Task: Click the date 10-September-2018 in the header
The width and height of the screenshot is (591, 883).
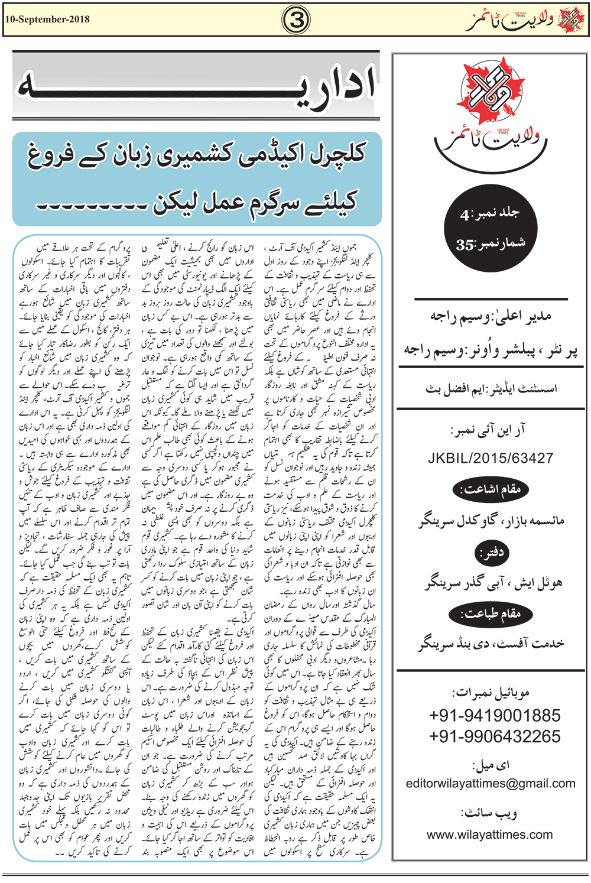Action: point(47,20)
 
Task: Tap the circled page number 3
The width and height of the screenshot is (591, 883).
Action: point(296,20)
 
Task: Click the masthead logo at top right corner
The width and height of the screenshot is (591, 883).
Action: point(525,20)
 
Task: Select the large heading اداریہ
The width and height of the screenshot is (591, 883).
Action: point(195,86)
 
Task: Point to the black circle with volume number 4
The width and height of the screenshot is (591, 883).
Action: point(490,228)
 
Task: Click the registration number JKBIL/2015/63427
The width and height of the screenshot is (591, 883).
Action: point(490,458)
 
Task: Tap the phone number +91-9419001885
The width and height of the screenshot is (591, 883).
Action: point(494,716)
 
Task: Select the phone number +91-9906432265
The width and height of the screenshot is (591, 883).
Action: point(494,736)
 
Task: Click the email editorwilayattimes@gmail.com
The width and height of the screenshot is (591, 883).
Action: point(490,784)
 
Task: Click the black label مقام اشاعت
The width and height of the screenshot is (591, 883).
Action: point(490,489)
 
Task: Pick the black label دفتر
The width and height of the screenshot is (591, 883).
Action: point(491,553)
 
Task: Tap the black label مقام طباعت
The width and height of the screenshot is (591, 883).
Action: point(490,614)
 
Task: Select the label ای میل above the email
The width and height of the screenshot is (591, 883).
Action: point(491,765)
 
